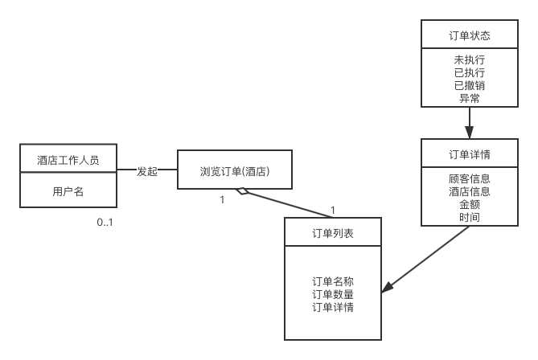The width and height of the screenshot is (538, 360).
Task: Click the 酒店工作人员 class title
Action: click(68, 160)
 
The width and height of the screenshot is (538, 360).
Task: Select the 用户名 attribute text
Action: click(68, 191)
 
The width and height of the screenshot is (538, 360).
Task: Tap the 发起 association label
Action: click(147, 170)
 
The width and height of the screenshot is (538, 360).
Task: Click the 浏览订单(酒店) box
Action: click(235, 171)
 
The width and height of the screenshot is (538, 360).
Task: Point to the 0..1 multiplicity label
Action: click(105, 222)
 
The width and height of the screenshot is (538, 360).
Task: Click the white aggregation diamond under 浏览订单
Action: click(242, 191)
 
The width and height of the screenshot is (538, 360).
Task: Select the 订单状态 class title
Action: click(470, 35)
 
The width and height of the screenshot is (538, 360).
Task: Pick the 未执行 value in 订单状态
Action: click(470, 60)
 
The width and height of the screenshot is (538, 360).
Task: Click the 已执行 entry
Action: click(470, 73)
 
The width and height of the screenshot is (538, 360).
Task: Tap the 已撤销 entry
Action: click(470, 86)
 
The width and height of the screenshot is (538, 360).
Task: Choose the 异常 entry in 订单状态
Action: click(470, 99)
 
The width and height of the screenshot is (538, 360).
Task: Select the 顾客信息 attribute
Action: click(470, 178)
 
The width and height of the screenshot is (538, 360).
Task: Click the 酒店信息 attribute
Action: click(470, 191)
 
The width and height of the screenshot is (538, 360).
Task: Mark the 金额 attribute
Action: click(470, 204)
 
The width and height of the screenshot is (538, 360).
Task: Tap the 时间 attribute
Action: click(470, 217)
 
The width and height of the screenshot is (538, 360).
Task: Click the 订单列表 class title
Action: click(333, 233)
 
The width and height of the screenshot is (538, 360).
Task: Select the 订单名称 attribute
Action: click(333, 281)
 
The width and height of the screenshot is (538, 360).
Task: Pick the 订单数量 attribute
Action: click(333, 294)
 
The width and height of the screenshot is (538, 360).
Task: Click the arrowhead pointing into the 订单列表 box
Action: click(387, 289)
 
